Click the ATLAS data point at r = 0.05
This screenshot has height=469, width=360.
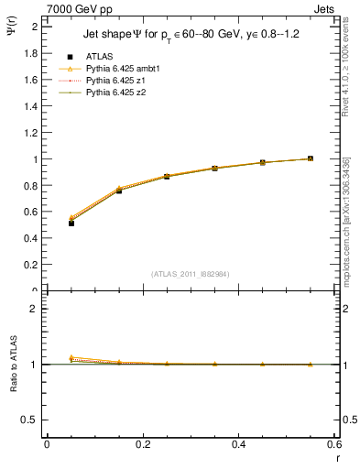[x=71, y=223]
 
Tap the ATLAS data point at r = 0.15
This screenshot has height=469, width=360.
[x=119, y=190]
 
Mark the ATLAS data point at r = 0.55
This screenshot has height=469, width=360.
[x=311, y=158]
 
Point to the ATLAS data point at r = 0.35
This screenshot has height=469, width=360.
[x=214, y=169]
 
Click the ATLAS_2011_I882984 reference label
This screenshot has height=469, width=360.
[x=191, y=274]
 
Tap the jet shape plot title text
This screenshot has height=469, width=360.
[x=191, y=33]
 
